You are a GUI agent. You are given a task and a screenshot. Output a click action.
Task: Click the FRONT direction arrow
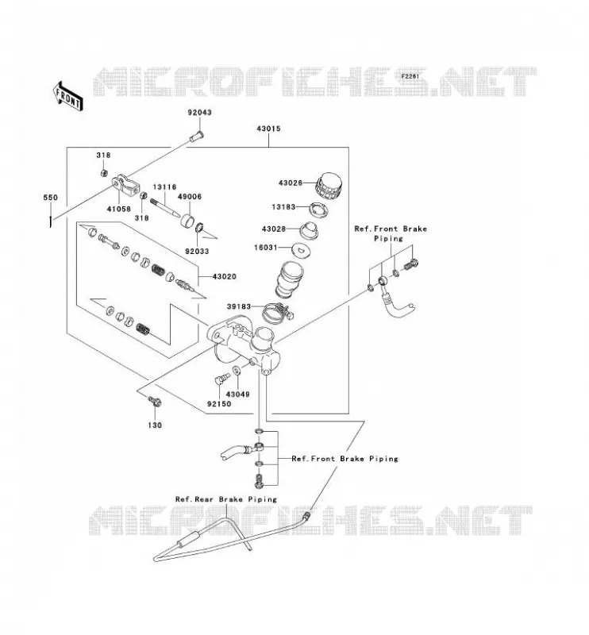coord(68,96)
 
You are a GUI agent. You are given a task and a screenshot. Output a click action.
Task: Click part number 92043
coord(199,112)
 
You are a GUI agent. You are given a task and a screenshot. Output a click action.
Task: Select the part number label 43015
coord(268,129)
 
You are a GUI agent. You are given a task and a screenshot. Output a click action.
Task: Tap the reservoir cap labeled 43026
coord(329,187)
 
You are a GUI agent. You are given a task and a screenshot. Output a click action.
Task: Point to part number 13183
coord(283,207)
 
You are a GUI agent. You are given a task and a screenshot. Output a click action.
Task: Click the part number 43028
coord(274,229)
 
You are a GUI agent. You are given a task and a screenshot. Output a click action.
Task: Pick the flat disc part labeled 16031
coord(300,248)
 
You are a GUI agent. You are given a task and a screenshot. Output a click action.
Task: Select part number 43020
coord(224,276)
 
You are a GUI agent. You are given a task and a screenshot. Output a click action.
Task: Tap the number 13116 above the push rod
coord(164,187)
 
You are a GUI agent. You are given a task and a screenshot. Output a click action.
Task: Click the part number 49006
coord(190,196)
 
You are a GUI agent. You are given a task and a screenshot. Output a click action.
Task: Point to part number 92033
coord(197,251)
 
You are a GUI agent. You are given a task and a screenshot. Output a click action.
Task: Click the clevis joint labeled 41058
coord(126,185)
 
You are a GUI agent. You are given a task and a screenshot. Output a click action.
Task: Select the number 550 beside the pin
coord(50,198)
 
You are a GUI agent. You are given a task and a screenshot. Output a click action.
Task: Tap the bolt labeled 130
coord(154,402)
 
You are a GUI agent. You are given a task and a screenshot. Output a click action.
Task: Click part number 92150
coord(219,404)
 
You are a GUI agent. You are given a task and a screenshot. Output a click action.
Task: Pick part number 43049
coord(237,394)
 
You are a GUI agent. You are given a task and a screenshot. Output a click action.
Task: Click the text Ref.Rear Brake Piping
coord(226,499)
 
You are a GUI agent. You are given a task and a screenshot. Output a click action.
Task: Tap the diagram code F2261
coord(410,75)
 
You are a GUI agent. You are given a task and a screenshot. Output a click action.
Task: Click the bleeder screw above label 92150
coord(221,379)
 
